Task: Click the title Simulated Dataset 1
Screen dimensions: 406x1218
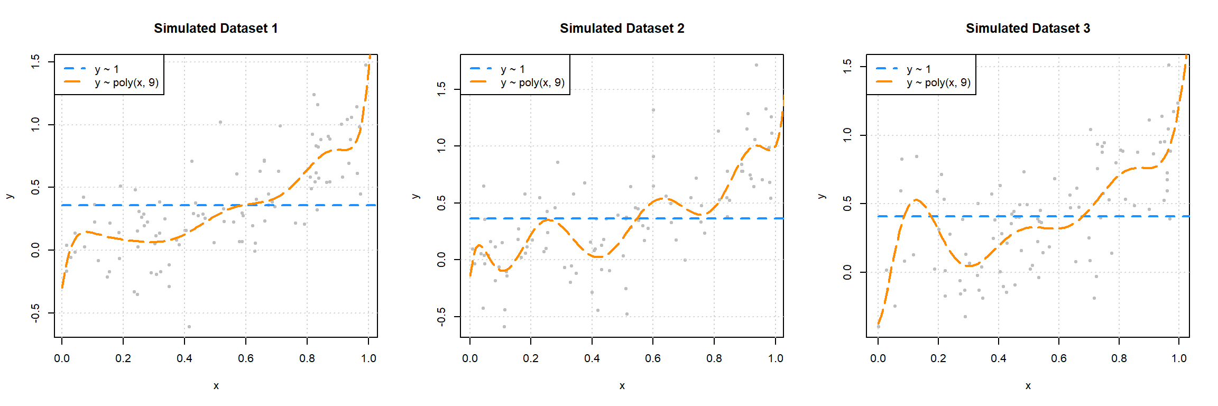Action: point(216,29)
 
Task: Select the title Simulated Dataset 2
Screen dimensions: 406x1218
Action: point(622,29)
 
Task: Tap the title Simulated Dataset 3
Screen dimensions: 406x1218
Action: point(1028,29)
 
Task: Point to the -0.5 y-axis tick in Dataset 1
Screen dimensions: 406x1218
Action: point(35,313)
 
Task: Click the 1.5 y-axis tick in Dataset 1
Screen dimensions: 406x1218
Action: point(35,62)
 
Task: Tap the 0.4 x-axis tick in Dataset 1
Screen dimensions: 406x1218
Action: point(184,358)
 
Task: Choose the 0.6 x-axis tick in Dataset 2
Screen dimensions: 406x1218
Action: point(653,358)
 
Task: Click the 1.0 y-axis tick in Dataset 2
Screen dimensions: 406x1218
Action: point(441,146)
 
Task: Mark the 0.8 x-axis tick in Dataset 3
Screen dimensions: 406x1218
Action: point(1119,358)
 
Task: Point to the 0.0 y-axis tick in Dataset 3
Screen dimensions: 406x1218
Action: point(847,272)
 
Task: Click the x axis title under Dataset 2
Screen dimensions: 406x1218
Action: point(622,386)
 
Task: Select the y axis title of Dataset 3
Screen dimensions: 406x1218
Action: point(822,196)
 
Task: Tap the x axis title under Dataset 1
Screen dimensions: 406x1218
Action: point(216,386)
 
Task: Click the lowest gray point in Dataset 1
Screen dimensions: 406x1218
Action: point(189,327)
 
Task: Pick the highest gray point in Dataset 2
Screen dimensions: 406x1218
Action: point(756,65)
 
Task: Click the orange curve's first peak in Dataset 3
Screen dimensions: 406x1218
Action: point(916,200)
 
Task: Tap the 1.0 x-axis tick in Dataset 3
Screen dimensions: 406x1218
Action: point(1179,358)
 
